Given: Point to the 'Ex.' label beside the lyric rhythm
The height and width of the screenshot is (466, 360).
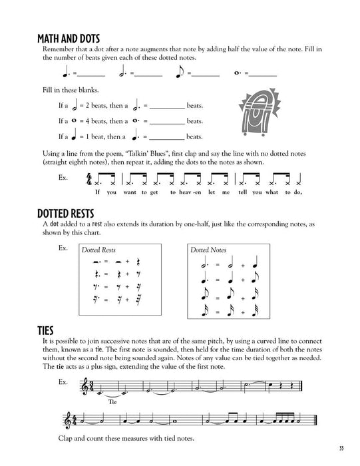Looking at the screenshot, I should tap(63, 178).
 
